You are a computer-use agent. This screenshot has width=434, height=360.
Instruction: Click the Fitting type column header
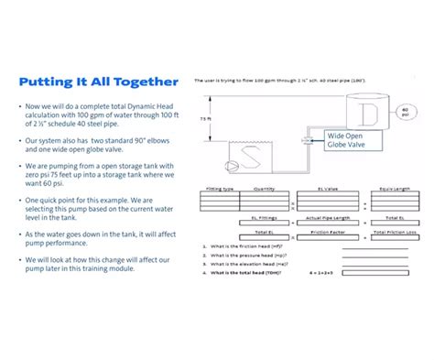tap(220, 189)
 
